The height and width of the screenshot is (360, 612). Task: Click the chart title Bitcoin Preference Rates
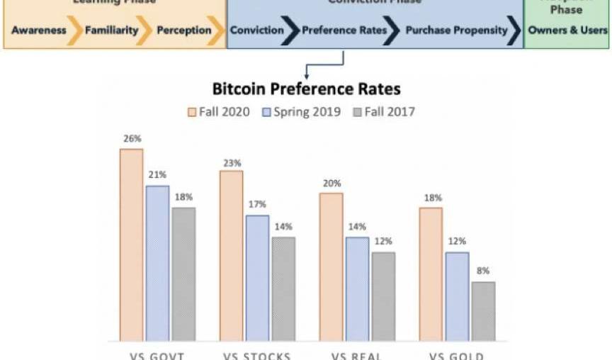coord(306,89)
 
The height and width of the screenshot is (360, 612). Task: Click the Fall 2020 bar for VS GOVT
coord(131,244)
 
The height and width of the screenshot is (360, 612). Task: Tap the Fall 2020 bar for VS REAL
coord(331,266)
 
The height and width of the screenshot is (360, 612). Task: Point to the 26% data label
coord(131,138)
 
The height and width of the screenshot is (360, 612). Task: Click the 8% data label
coord(483,271)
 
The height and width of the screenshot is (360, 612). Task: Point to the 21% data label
coord(157,175)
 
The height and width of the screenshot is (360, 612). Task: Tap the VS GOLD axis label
coord(457,355)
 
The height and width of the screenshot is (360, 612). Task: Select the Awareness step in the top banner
coord(38,30)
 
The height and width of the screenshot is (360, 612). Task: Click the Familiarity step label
coord(111,30)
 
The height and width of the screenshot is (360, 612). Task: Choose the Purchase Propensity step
coord(456,30)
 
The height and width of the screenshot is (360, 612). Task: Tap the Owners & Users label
coord(567,30)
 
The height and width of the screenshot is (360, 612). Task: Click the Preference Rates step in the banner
coord(344,30)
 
